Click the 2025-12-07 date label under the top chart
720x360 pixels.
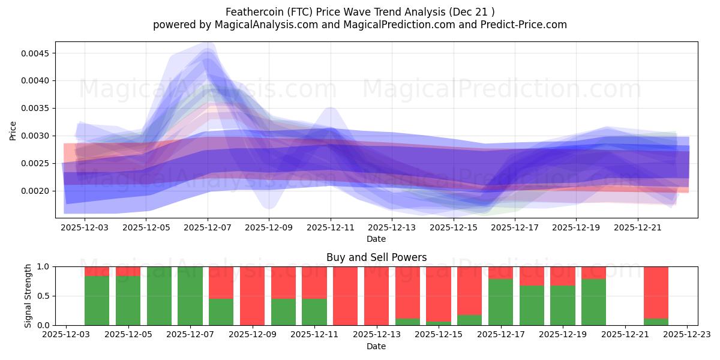pos(208,228)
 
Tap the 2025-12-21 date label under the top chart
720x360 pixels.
pos(638,228)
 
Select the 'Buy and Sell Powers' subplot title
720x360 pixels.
pos(376,257)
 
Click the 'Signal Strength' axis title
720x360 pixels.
pos(28,296)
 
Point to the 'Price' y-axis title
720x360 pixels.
pos(13,130)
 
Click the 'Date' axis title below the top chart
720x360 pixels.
pos(376,239)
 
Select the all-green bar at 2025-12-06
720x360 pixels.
pos(159,296)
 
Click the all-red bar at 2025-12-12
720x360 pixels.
pos(345,296)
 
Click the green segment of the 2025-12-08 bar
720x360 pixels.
pos(221,312)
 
